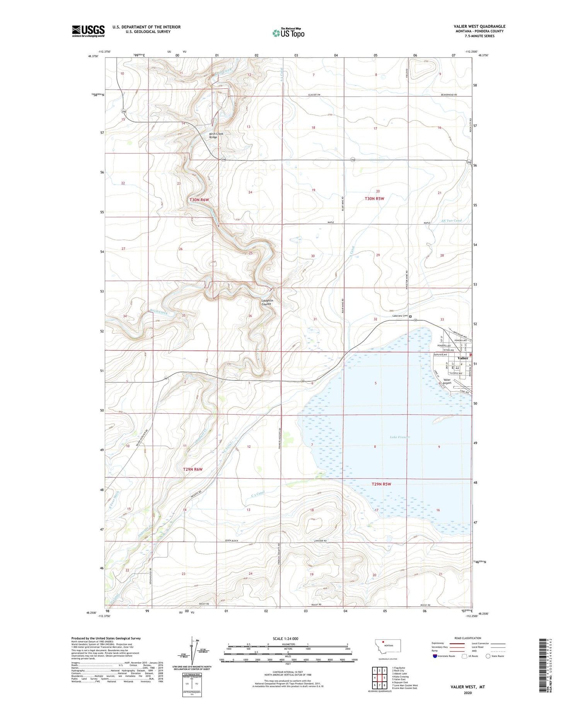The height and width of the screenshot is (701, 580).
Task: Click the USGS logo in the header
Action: tap(88, 31)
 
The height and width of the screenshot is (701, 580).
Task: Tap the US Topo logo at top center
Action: tap(288, 33)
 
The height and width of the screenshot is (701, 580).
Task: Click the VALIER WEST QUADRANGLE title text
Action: tap(479, 26)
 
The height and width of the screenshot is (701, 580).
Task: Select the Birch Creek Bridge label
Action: tap(217, 135)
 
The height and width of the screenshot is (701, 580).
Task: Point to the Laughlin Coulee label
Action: tap(267, 302)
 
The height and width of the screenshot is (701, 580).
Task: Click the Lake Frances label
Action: tap(399, 437)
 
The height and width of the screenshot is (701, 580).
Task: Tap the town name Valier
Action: tap(463, 358)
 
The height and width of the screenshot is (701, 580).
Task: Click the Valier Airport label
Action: tap(447, 382)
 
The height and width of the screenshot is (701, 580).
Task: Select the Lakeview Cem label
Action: tap(400, 316)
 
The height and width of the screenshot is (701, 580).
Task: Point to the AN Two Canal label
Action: tap(451, 221)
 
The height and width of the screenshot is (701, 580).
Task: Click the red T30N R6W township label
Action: tap(199, 200)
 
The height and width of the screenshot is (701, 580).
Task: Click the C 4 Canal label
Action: tap(258, 494)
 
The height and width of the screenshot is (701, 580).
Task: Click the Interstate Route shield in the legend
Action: tap(435, 656)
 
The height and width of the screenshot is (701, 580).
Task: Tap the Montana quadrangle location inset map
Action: tap(388, 646)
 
